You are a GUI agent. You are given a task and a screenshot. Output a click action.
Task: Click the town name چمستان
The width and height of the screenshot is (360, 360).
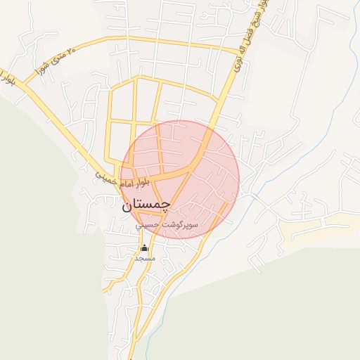pyautogui.click(x=146, y=205)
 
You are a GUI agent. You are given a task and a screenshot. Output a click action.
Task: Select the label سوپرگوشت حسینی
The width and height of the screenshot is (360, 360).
pyautogui.click(x=167, y=225)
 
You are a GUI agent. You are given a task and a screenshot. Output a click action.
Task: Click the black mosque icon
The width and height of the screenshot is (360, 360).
pyautogui.click(x=145, y=247)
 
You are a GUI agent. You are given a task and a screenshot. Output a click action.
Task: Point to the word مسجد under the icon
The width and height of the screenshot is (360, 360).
pyautogui.click(x=145, y=258)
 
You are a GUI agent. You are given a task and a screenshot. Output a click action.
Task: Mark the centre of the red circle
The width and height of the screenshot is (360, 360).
pyautogui.click(x=179, y=179)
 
